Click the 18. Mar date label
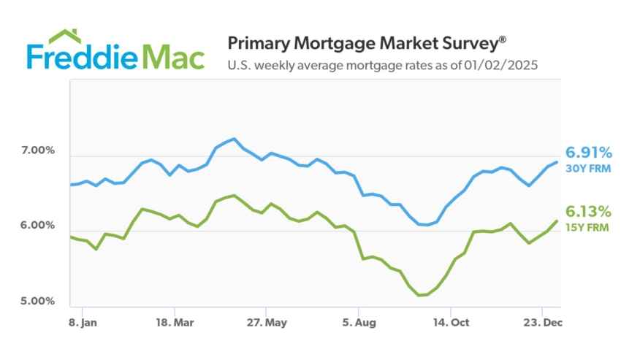pos(174,322)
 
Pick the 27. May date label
pos(267,322)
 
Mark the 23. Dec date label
pos(541,322)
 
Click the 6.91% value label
pos(589,153)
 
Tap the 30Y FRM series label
pos(589,169)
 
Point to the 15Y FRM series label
pos(589,227)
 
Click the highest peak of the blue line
pos(234,139)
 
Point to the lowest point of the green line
pos(419,295)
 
